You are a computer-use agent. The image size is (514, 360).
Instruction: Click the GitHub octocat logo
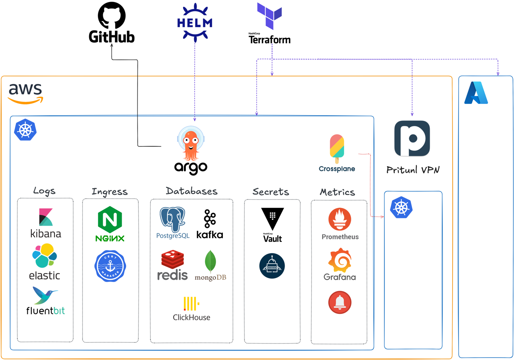112,16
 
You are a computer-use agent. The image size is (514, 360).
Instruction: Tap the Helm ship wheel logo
194,22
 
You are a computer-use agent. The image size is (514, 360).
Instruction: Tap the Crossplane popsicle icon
337,146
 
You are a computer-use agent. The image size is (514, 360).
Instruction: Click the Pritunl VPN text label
413,170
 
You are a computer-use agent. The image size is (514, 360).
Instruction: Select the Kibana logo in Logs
46,217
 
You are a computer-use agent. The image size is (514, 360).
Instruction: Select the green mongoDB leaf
210,261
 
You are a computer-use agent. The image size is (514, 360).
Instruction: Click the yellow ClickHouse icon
191,304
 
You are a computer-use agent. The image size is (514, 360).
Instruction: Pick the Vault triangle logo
272,219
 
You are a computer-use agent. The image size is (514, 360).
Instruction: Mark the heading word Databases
191,191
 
